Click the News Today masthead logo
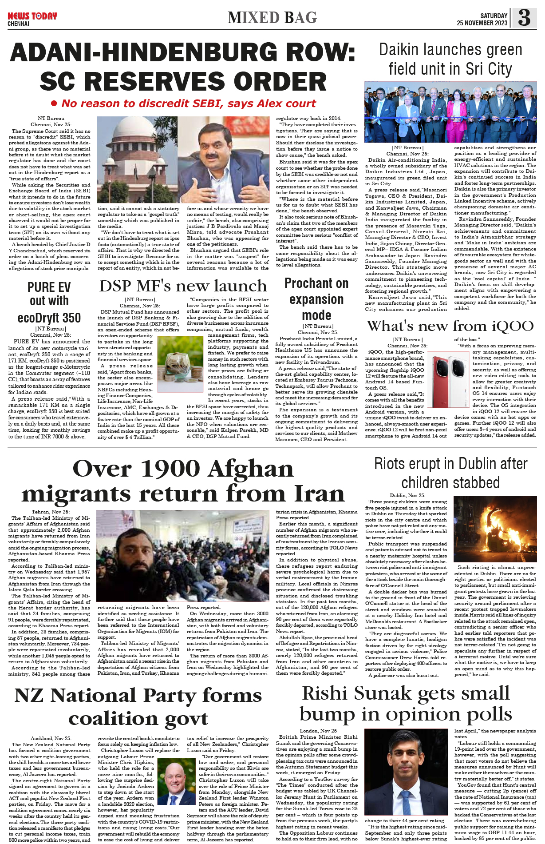click(32, 16)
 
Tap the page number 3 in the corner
click(524, 18)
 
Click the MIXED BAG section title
click(272, 18)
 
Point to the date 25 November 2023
click(482, 23)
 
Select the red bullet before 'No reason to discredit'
click(54, 104)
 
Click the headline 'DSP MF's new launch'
click(183, 286)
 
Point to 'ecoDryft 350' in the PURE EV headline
click(49, 318)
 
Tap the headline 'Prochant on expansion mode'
click(316, 299)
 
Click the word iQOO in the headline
click(513, 326)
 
